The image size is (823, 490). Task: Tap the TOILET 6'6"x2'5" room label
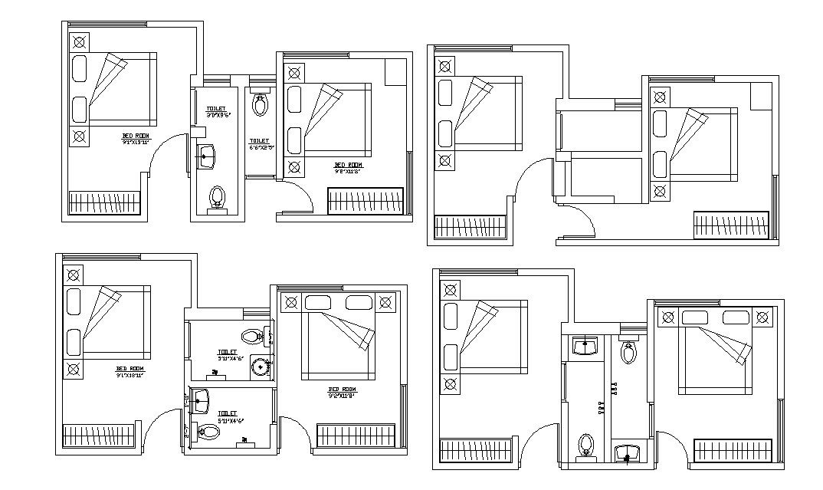coord(259,143)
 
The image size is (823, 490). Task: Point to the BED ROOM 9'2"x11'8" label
coord(343,393)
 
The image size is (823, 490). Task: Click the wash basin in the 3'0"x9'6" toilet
coord(206,156)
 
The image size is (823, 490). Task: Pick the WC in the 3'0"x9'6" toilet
coord(218,197)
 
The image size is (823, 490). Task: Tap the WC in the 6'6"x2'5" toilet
coord(260,104)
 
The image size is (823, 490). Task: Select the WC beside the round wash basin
coord(250,336)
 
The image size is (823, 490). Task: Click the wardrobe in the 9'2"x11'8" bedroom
coord(356,435)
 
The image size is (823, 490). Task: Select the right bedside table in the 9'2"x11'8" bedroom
coord(386,301)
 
